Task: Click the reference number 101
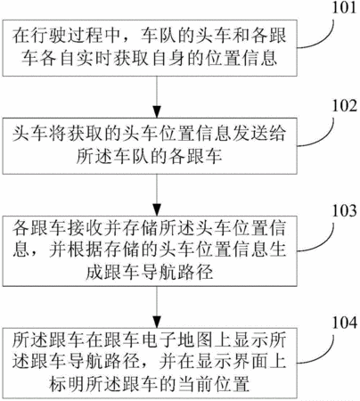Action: click(344, 8)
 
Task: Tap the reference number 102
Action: click(344, 106)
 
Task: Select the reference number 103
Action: click(344, 210)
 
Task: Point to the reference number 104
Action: click(344, 323)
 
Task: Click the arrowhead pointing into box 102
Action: click(157, 112)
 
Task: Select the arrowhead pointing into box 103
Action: click(157, 209)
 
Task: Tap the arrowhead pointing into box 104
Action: click(157, 322)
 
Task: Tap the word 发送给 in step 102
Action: click(258, 134)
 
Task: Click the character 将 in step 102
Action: click(57, 134)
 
